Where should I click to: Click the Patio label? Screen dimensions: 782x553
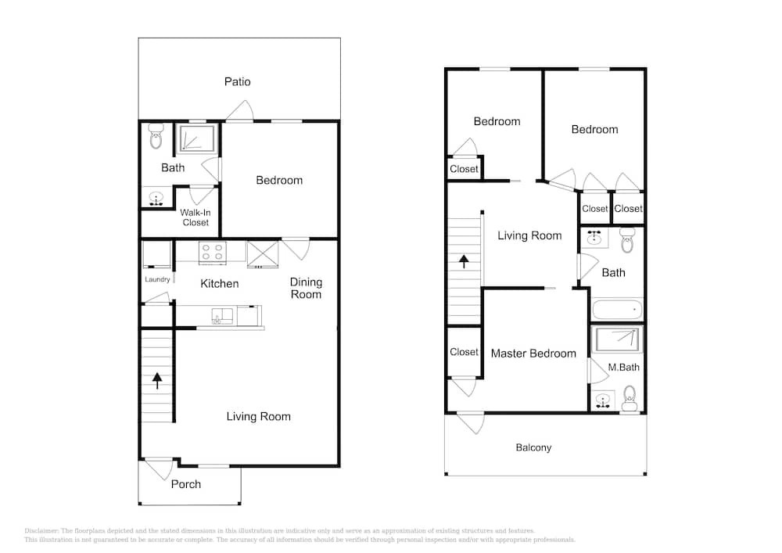tap(238, 82)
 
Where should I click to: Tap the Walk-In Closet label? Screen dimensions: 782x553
tap(195, 217)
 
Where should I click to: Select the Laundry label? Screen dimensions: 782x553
tap(157, 279)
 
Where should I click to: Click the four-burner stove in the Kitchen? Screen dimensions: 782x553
tap(213, 253)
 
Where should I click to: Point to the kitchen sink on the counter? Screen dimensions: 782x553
tap(222, 316)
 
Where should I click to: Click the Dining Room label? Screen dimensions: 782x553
tap(307, 288)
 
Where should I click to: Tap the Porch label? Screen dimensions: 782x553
tap(186, 484)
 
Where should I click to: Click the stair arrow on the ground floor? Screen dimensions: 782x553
tap(157, 380)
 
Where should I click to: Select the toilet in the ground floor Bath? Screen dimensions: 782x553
tap(156, 136)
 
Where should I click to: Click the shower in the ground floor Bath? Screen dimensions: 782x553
tap(198, 138)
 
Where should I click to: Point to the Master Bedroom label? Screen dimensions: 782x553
tap(533, 354)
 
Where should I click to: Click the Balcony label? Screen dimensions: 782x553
tap(533, 447)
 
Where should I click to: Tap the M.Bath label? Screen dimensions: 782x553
tap(623, 368)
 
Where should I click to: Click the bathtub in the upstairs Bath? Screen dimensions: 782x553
tap(618, 309)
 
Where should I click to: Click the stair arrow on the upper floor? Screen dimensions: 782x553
tap(464, 262)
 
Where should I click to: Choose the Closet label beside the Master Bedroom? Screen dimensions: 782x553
tap(464, 352)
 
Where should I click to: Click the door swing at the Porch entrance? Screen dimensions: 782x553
tap(158, 469)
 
